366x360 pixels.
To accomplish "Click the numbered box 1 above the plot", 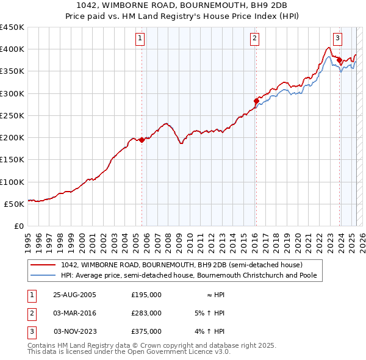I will pyautogui.click(x=140, y=38).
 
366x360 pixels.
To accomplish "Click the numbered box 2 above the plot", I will pyautogui.click(x=254, y=38).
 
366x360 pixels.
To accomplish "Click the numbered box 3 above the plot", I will pyautogui.click(x=337, y=38).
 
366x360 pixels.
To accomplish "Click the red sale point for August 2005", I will pyautogui.click(x=142, y=140).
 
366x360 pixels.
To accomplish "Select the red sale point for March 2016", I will pyautogui.click(x=256, y=101).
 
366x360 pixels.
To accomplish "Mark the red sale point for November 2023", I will pyautogui.click(x=339, y=60).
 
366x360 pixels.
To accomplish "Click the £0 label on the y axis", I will pyautogui.click(x=19, y=226).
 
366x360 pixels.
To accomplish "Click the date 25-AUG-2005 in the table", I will pyautogui.click(x=75, y=295).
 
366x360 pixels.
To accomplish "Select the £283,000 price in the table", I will pyautogui.click(x=146, y=313).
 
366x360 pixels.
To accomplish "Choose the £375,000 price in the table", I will pyautogui.click(x=146, y=331).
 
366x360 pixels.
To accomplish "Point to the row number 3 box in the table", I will pyautogui.click(x=30, y=331).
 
